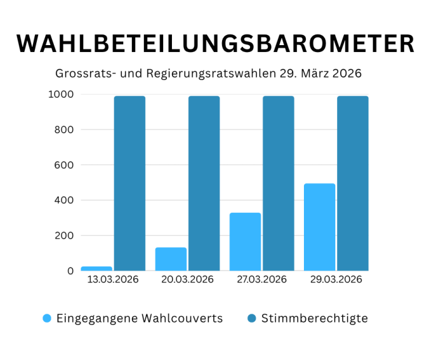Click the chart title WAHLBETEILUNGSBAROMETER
pyautogui.click(x=214, y=44)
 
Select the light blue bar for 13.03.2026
pyautogui.click(x=97, y=268)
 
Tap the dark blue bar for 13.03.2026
pyautogui.click(x=129, y=183)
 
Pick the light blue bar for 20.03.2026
pyautogui.click(x=171, y=259)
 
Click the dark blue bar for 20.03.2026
pyautogui.click(x=204, y=183)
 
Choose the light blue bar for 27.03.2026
pyautogui.click(x=245, y=242)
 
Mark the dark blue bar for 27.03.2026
pyautogui.click(x=278, y=183)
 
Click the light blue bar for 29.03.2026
pyautogui.click(x=320, y=227)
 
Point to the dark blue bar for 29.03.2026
pyautogui.click(x=353, y=183)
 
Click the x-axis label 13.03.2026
pyautogui.click(x=113, y=280)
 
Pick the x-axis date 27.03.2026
pyautogui.click(x=262, y=280)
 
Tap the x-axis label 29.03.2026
pyautogui.click(x=336, y=280)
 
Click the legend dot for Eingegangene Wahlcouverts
pyautogui.click(x=48, y=318)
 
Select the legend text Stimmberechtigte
pyautogui.click(x=315, y=318)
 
